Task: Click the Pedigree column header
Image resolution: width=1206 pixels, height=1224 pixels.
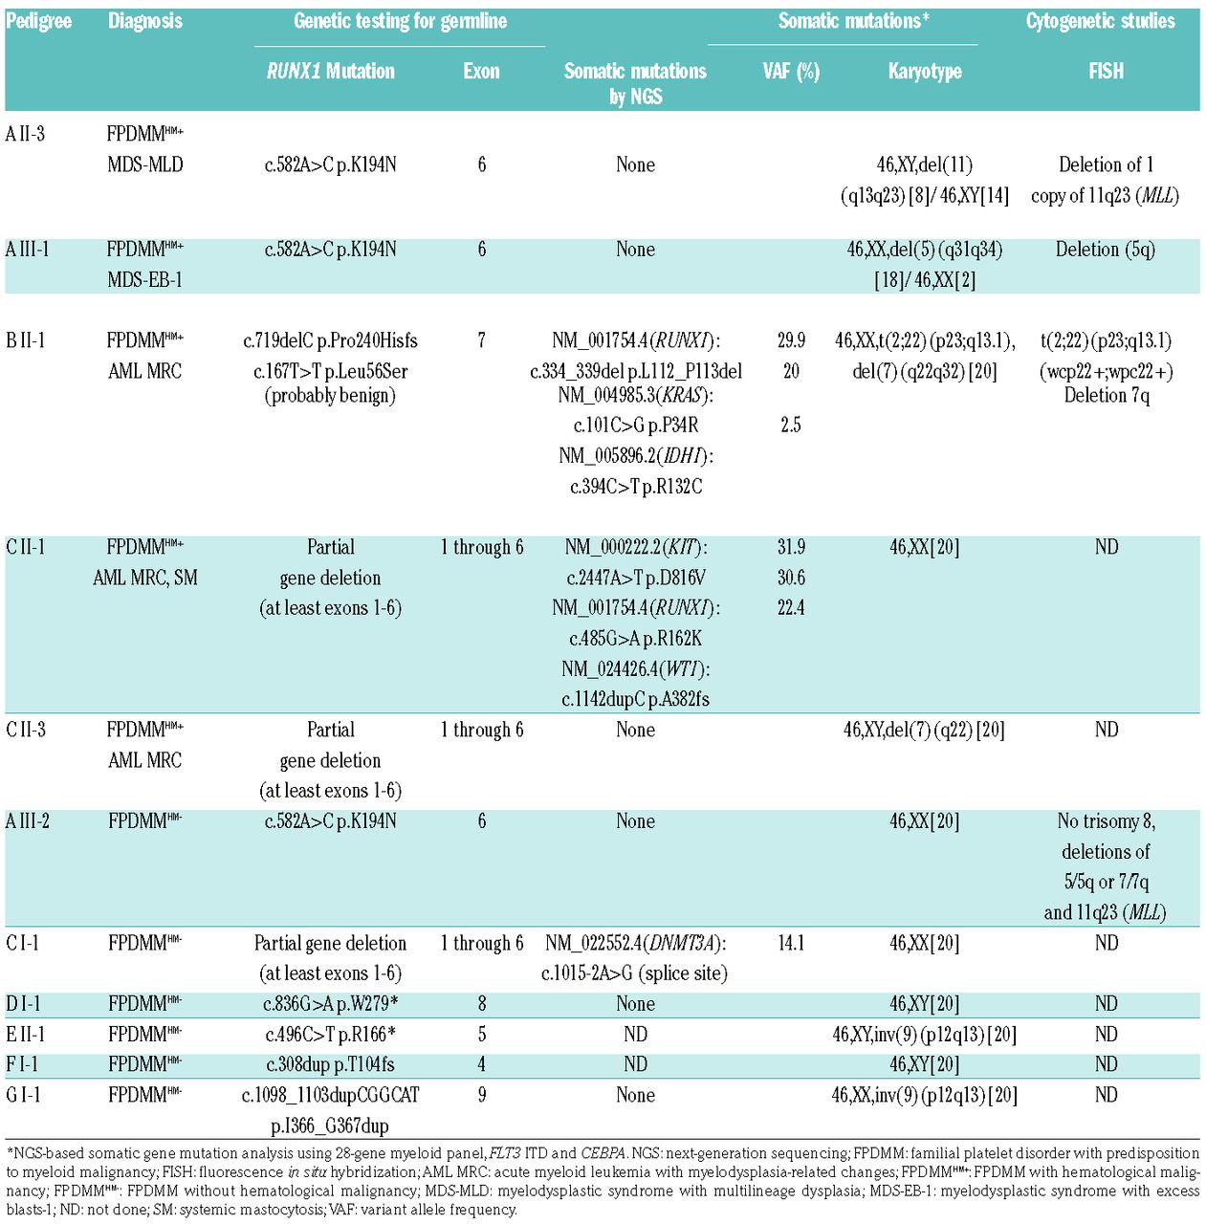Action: coord(38,21)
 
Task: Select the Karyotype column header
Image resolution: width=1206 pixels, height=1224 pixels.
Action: coord(924,71)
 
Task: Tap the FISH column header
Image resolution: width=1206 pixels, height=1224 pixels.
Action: coord(1106,71)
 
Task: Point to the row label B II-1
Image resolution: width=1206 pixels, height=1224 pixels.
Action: coord(26,340)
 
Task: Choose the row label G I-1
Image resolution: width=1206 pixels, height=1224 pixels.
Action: coord(23,1095)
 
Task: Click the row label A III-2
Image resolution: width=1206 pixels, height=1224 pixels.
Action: coord(28,821)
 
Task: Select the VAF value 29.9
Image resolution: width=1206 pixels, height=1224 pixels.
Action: coord(791,340)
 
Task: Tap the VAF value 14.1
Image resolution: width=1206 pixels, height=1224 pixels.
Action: coord(791,943)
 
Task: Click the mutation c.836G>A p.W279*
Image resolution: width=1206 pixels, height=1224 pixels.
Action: coord(330,1004)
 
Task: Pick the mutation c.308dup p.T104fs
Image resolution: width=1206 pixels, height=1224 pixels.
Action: coord(330,1064)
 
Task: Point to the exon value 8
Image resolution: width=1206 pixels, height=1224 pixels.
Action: coord(481,1004)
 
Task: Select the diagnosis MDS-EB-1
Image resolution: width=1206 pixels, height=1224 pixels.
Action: coord(144,280)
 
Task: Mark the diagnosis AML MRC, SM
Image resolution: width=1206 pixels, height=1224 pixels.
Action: coord(144,578)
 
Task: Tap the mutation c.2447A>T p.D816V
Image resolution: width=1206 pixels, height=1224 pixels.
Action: coord(635,578)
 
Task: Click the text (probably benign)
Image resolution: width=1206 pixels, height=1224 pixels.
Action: coord(330,395)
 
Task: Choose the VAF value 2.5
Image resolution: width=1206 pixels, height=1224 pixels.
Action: coord(791,426)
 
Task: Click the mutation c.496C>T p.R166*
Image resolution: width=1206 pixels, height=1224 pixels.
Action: coord(330,1035)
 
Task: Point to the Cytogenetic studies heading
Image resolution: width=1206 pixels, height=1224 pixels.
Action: coord(1100,21)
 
